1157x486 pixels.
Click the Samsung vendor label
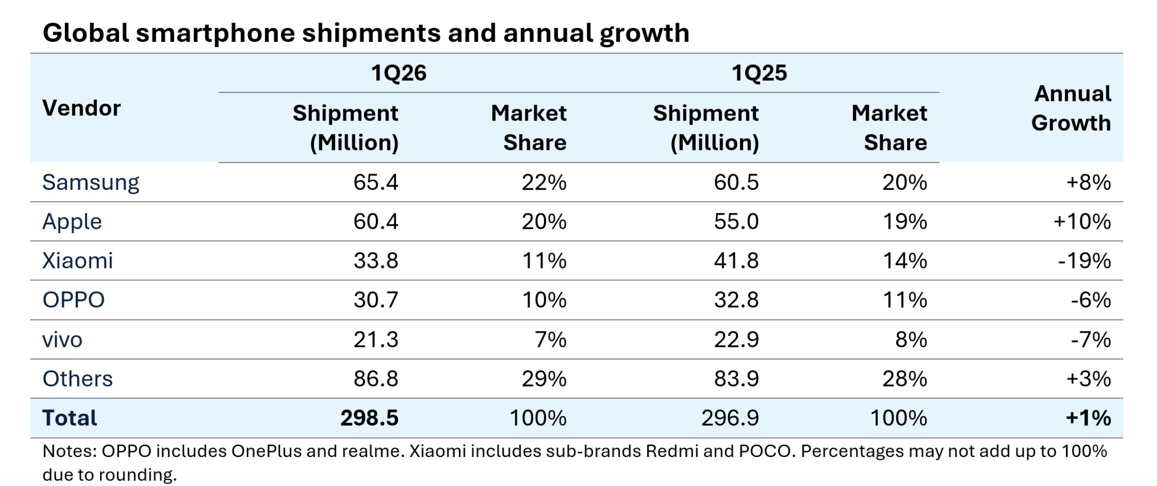click(x=91, y=182)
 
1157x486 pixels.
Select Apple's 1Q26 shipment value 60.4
click(x=375, y=221)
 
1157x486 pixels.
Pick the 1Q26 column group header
click(x=398, y=73)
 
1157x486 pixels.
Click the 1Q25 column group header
click(x=759, y=73)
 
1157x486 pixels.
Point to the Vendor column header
click(x=81, y=108)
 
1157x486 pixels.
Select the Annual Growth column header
click(x=1071, y=108)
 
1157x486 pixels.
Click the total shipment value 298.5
click(x=369, y=418)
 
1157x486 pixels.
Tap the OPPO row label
click(x=73, y=300)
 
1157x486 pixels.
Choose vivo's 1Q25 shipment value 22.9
click(x=736, y=339)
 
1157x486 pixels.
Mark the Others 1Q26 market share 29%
click(x=544, y=379)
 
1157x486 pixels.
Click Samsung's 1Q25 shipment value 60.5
click(x=736, y=182)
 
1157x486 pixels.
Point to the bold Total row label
click(x=69, y=418)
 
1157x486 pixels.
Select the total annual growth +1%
click(x=1088, y=418)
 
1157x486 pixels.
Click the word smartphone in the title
click(x=214, y=33)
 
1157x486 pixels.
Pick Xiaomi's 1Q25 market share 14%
click(x=904, y=261)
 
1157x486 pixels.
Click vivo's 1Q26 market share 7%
click(x=550, y=339)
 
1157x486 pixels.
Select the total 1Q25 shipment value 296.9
click(x=730, y=418)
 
